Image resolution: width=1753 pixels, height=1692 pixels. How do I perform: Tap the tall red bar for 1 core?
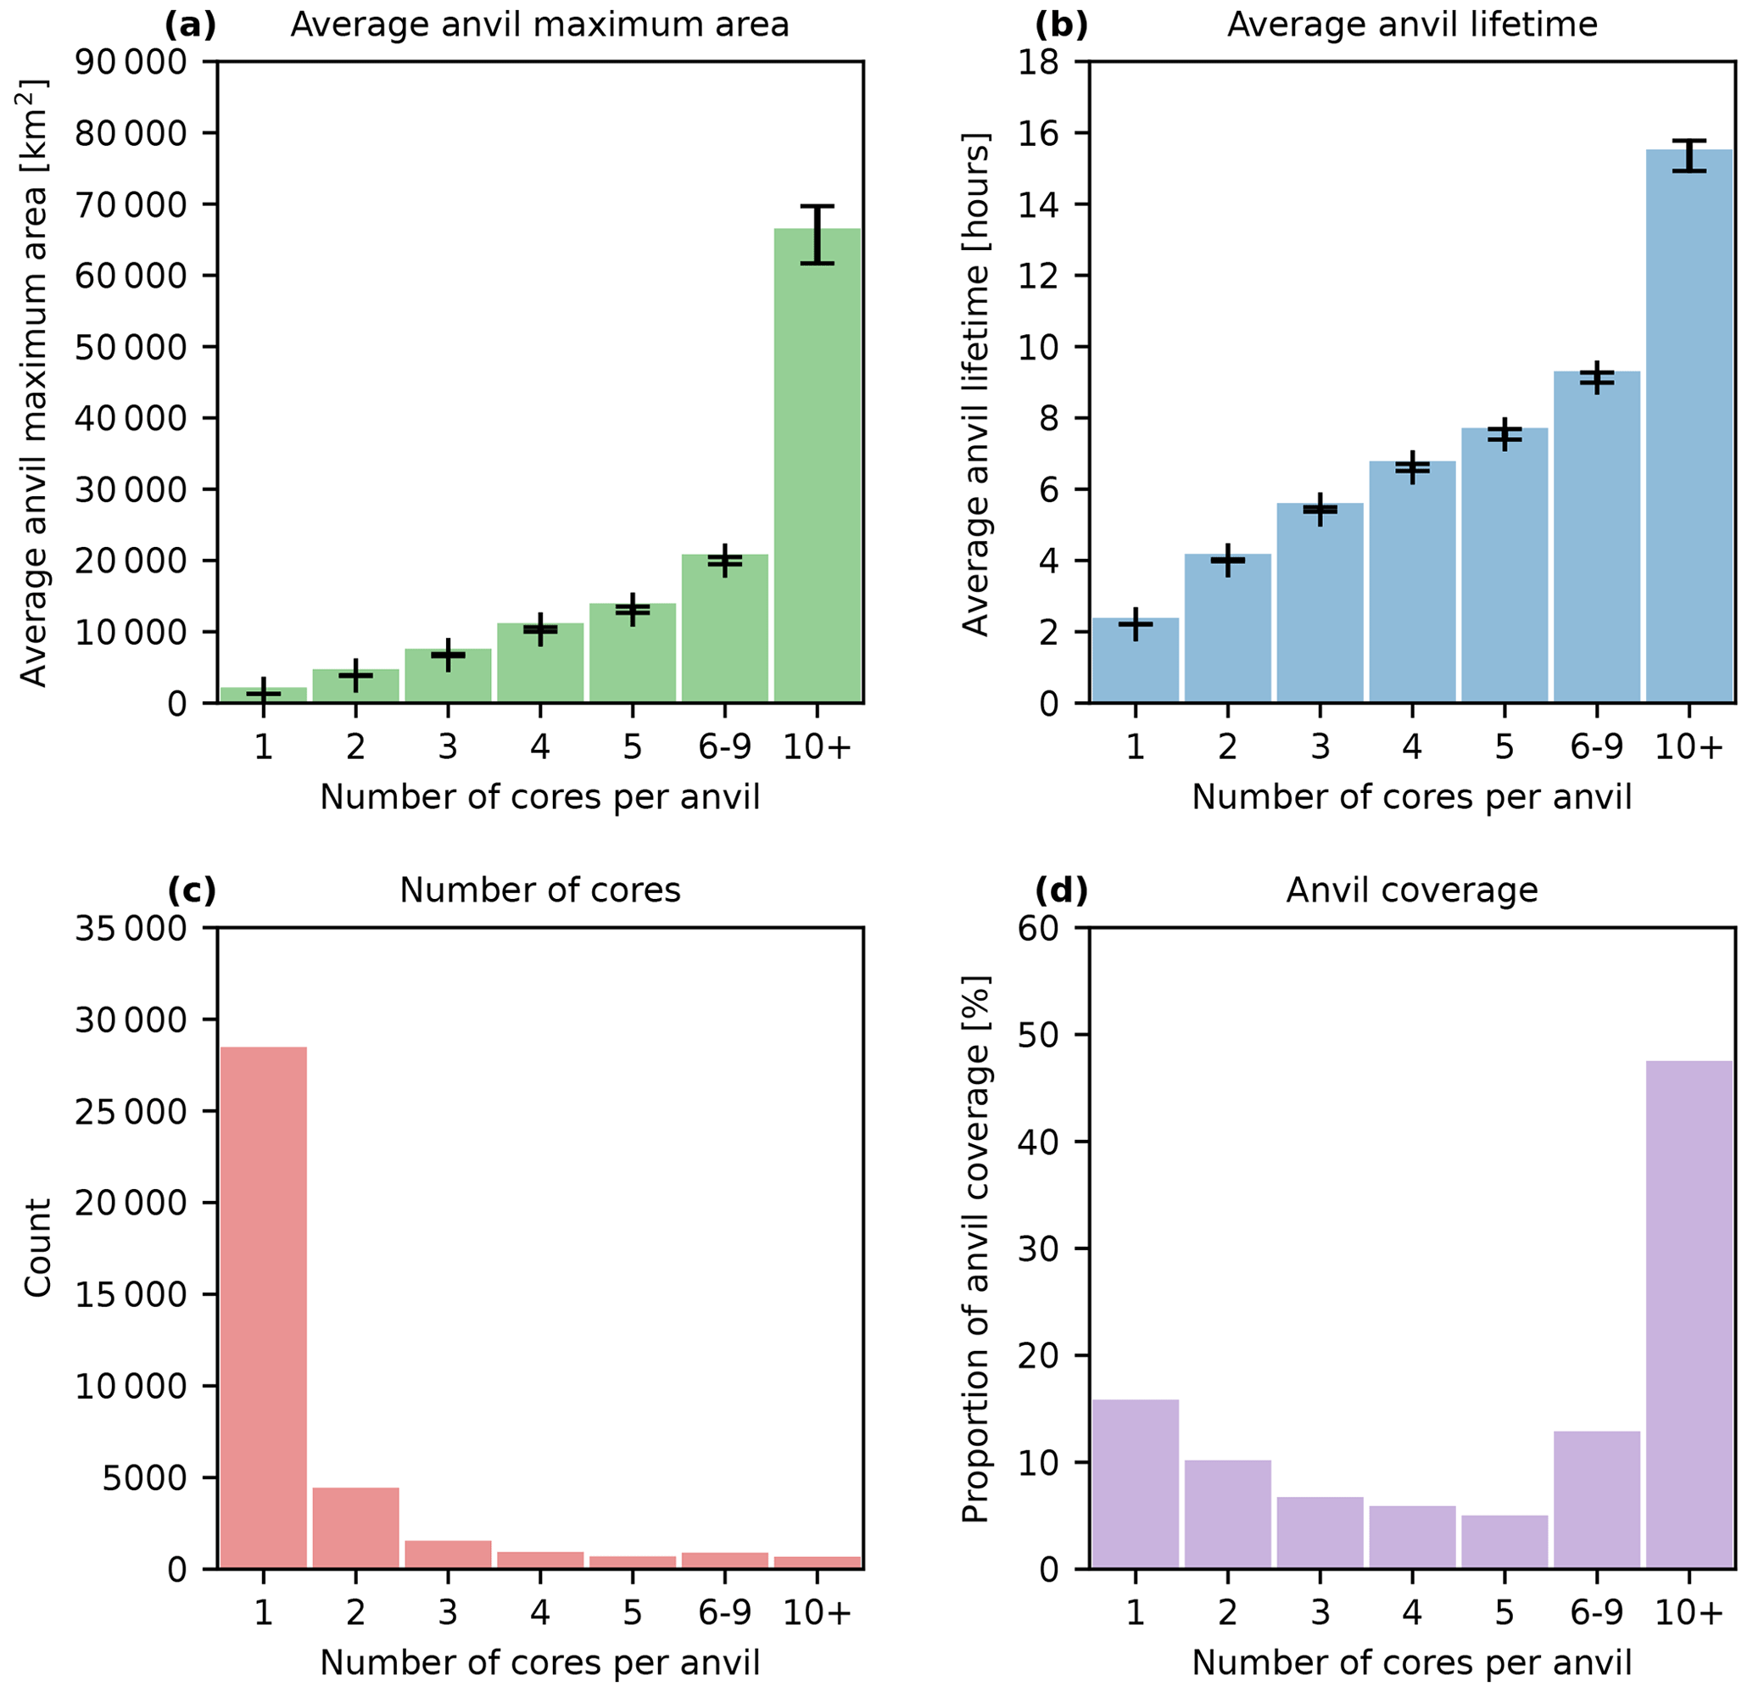[x=263, y=1305]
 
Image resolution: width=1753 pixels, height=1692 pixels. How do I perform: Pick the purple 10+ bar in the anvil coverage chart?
[x=1689, y=1315]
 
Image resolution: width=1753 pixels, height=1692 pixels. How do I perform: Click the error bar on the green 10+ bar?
[x=817, y=234]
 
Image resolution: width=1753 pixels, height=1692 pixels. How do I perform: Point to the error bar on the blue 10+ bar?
[x=1689, y=155]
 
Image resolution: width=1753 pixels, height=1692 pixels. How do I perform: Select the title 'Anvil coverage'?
[x=1411, y=891]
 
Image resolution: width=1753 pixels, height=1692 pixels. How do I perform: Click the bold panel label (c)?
[x=192, y=891]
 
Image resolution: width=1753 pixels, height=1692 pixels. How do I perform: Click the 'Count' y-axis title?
[x=37, y=1248]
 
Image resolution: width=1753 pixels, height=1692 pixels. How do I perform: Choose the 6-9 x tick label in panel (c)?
[x=724, y=1612]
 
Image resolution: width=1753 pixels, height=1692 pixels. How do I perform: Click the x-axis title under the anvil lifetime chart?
[x=1411, y=797]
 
